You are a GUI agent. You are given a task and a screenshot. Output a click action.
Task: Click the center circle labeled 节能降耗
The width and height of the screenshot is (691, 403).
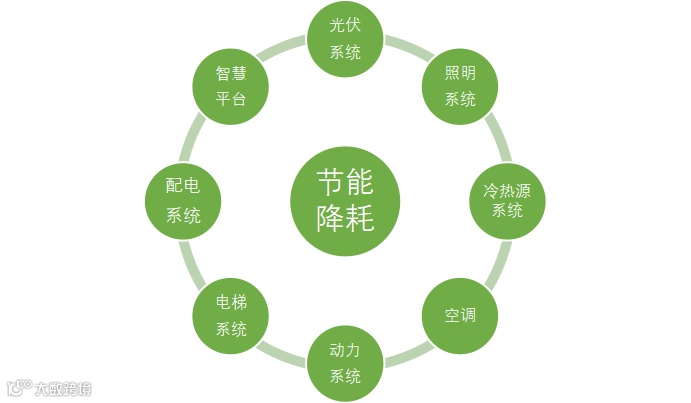(345, 201)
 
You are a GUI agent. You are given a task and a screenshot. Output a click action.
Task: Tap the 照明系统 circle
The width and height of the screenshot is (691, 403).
(460, 87)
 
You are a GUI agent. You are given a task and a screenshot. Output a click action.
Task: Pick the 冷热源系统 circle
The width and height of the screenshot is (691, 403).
(507, 200)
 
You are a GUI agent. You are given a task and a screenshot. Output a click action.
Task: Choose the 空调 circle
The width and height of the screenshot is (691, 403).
(460, 315)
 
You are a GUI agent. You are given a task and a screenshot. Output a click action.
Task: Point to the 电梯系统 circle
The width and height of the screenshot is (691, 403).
(231, 315)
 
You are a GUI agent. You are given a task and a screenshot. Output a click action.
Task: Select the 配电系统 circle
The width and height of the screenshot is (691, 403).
(184, 200)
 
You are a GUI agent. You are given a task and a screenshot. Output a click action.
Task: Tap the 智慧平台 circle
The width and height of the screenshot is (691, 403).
(231, 87)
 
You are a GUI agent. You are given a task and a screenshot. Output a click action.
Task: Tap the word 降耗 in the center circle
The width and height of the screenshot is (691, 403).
(345, 218)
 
